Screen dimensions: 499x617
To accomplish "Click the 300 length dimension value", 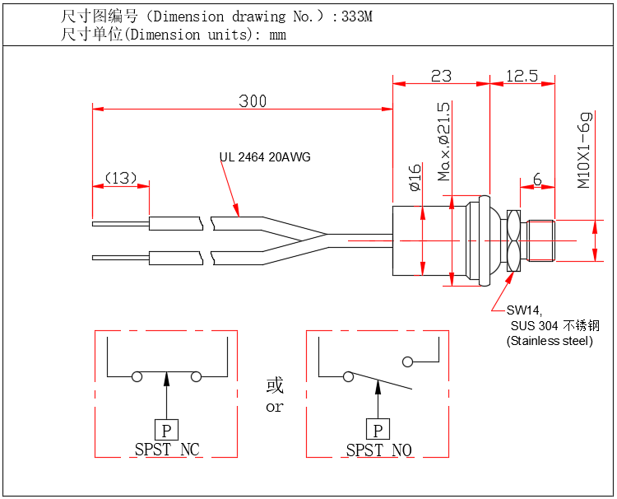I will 253,101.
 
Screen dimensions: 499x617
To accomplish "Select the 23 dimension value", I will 441,76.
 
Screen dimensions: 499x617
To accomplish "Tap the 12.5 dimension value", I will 522,76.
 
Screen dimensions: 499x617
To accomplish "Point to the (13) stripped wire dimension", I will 120,178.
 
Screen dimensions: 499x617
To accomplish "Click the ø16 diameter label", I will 415,178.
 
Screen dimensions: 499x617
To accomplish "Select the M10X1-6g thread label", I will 584,151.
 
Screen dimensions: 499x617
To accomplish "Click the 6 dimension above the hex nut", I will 536,179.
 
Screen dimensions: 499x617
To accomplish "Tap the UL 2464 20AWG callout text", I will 265,157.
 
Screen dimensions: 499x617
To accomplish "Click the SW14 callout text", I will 523,310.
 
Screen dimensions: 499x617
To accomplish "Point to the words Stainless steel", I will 550,340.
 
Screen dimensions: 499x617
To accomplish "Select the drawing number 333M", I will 358,16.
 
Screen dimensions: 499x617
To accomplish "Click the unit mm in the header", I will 277,35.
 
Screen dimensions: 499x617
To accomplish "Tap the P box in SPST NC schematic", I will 166,429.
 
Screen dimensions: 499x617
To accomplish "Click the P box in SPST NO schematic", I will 378,429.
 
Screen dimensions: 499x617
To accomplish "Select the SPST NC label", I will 167,450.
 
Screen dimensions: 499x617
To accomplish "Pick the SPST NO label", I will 378,450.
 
